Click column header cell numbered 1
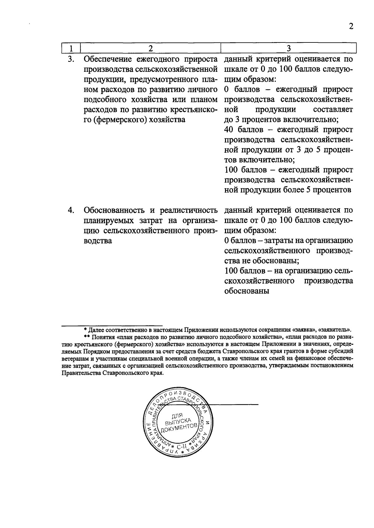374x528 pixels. [x=71, y=48]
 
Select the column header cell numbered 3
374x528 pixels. [x=288, y=48]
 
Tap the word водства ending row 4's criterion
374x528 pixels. [x=98, y=241]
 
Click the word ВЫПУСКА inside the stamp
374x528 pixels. [x=178, y=422]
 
